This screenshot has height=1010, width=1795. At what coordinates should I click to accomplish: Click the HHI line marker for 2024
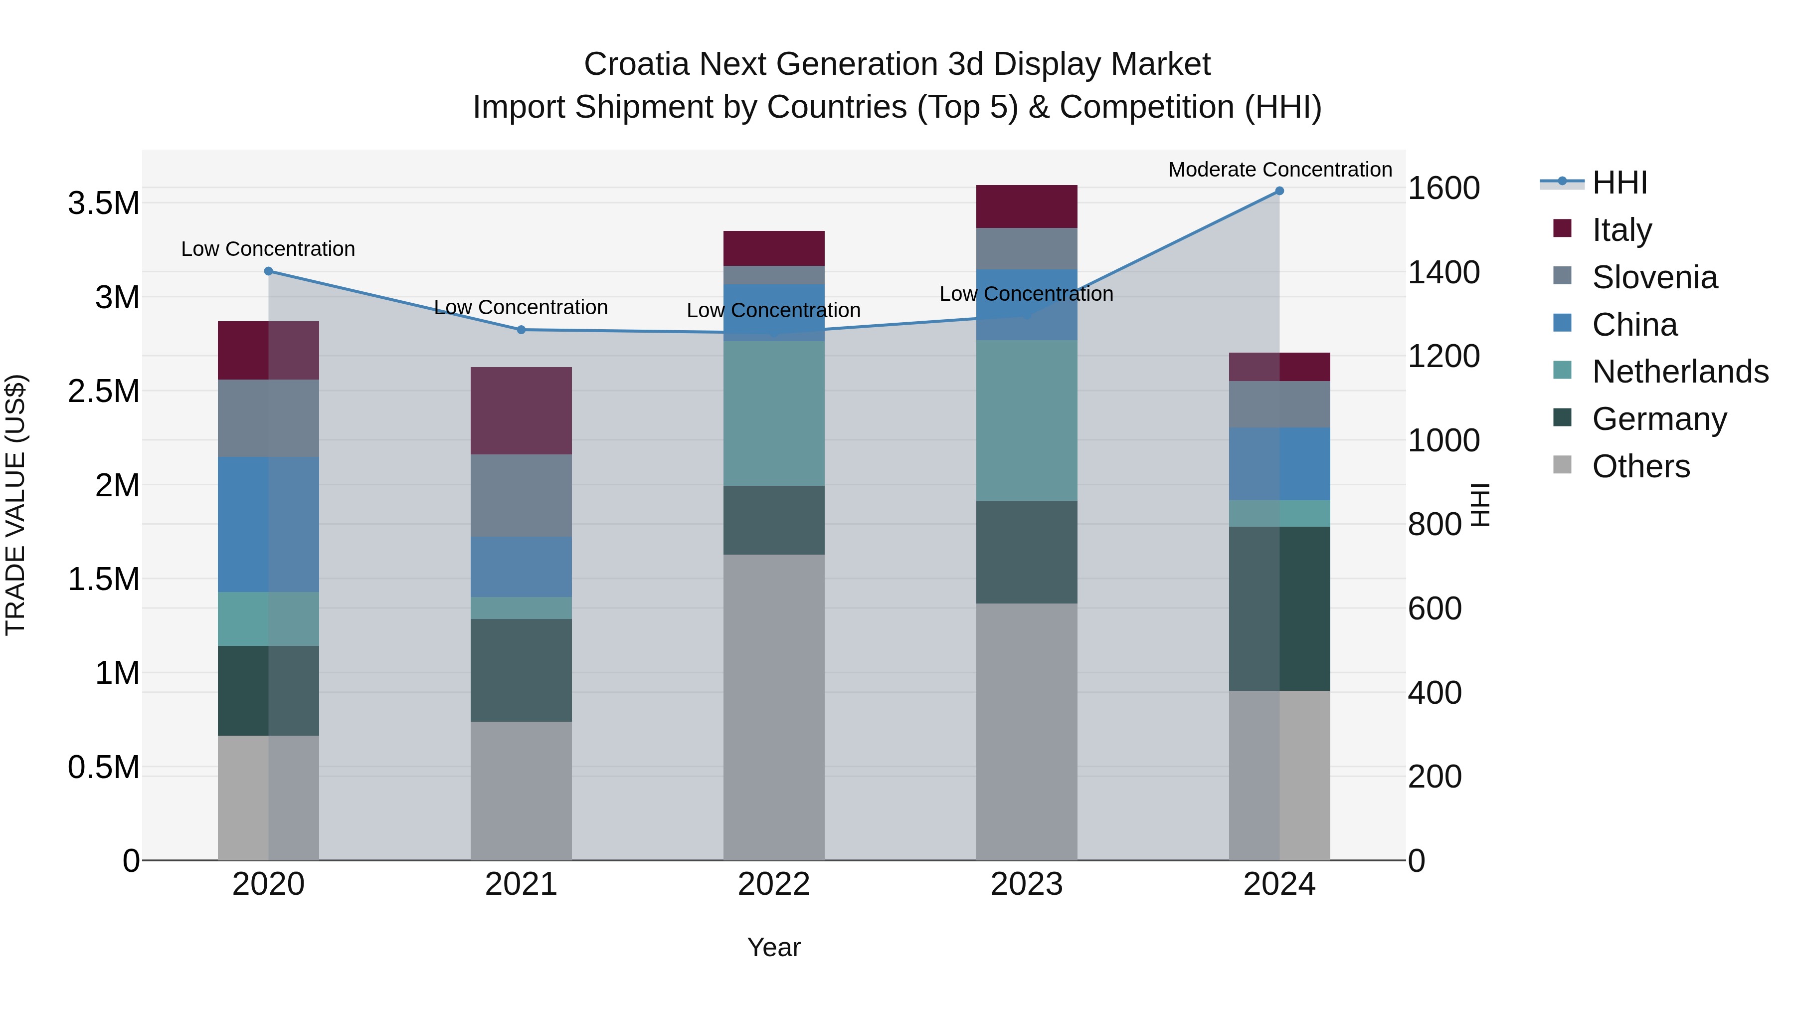[1279, 191]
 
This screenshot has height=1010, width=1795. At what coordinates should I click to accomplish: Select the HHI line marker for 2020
[268, 271]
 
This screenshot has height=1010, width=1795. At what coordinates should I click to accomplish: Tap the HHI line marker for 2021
[521, 330]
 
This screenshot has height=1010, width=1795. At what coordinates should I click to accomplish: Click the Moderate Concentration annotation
[1279, 170]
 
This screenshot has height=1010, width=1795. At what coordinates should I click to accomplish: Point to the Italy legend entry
[1621, 230]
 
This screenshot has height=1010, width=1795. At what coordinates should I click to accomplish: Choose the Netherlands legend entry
[1679, 372]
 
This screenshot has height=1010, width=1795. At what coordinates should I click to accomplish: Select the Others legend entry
[1640, 466]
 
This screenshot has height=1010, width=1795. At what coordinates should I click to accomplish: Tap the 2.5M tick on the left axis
[104, 392]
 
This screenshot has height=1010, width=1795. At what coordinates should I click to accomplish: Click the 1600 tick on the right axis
[1443, 188]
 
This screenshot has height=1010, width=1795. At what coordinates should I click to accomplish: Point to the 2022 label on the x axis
[773, 884]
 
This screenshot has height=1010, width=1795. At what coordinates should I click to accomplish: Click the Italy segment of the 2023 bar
[1027, 206]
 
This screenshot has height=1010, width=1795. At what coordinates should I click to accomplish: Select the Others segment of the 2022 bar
[773, 707]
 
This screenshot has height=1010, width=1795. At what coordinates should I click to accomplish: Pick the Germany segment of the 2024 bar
[1279, 608]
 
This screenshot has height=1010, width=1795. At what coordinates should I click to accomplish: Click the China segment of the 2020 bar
[268, 524]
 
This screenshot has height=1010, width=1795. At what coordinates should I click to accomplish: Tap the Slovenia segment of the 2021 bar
[521, 496]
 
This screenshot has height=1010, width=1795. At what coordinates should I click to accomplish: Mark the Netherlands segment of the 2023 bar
[1027, 420]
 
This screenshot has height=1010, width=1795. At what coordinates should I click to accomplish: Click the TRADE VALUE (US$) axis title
[15, 505]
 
